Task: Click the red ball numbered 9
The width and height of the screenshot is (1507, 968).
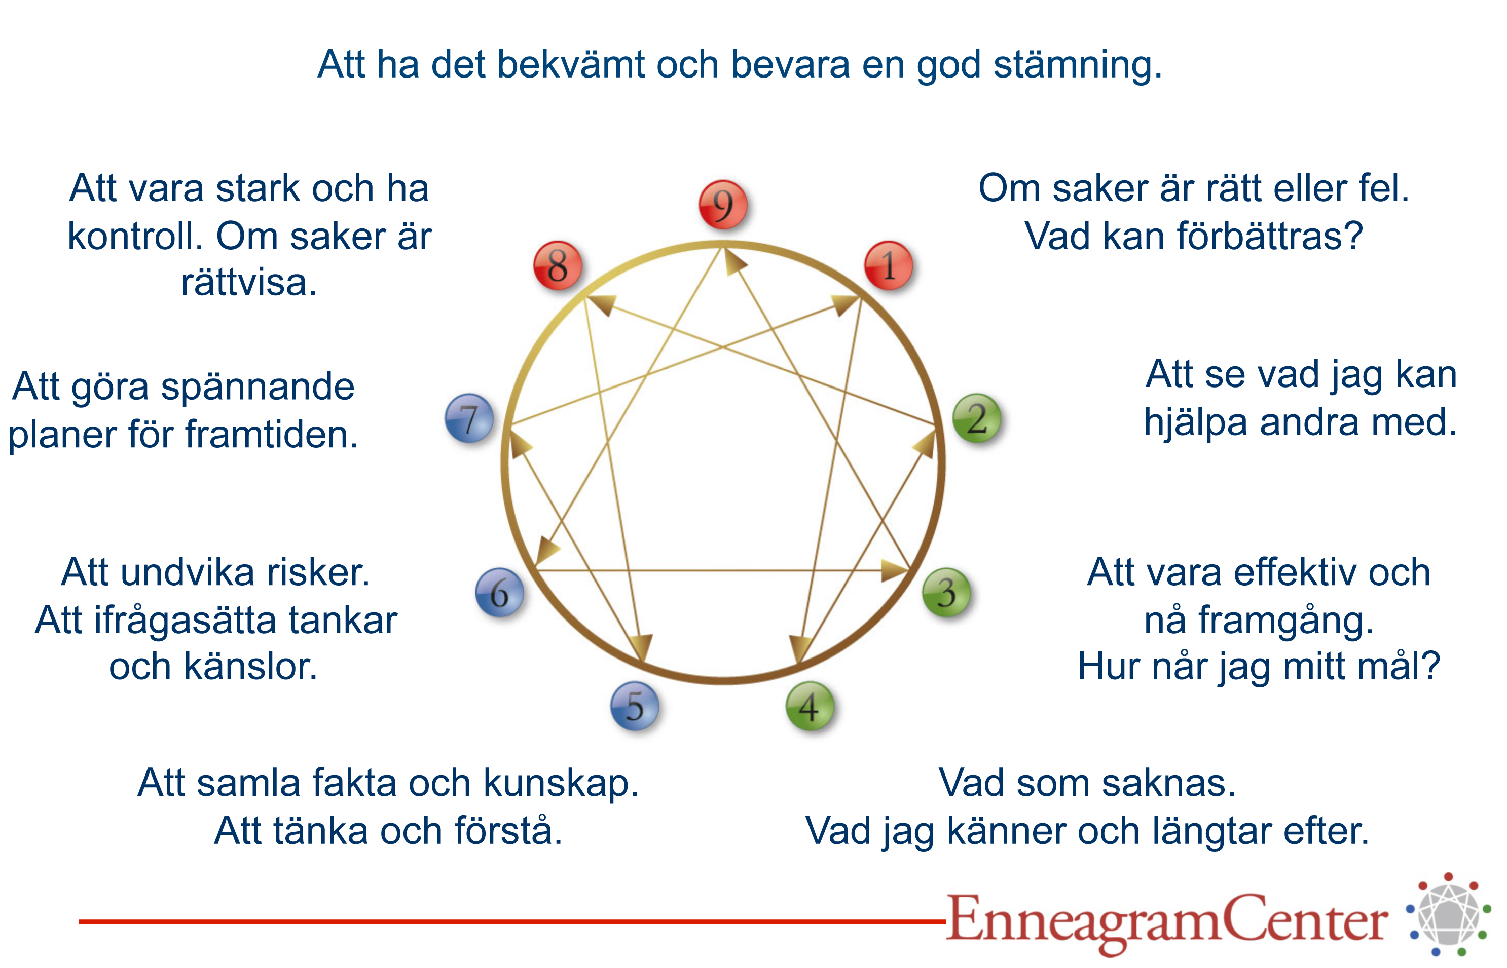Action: (723, 204)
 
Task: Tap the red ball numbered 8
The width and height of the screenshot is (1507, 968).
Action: (557, 265)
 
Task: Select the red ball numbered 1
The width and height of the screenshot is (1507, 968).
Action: (888, 265)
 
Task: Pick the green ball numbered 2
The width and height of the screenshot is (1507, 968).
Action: (976, 418)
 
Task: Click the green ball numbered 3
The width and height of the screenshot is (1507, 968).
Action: (946, 592)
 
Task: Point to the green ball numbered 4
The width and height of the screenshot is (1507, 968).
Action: (810, 706)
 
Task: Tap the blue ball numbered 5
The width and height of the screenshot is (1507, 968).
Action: (635, 706)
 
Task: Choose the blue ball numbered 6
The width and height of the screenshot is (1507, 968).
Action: (499, 592)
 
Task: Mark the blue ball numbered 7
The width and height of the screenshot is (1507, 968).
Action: (469, 418)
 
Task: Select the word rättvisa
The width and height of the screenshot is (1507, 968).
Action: (249, 282)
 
